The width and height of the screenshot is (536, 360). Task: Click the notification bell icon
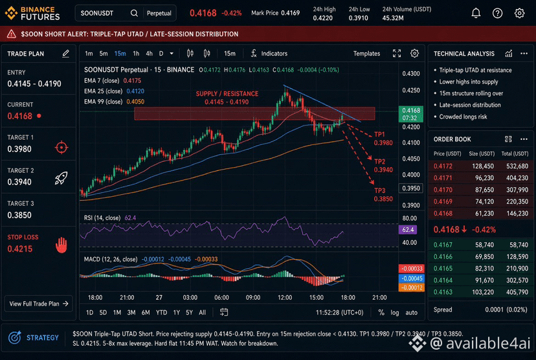coord(476,13)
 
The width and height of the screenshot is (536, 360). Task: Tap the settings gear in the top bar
coord(519,13)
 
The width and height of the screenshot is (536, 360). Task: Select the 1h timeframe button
coord(136,53)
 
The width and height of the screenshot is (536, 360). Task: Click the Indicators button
coord(269,53)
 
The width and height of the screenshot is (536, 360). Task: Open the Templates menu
coord(366,53)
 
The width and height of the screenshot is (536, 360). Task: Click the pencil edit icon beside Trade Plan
coord(65,53)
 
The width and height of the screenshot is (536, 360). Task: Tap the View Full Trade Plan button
coord(39,304)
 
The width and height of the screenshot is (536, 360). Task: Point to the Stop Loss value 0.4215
coord(20,249)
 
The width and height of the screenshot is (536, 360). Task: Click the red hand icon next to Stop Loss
coord(61,245)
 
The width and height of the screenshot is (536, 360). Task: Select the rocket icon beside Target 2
coord(61,178)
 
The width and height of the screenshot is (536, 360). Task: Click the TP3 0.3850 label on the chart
coord(383,194)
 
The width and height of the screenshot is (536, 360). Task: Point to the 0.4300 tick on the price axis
coord(411,74)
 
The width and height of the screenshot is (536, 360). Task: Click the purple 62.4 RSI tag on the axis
coord(408,229)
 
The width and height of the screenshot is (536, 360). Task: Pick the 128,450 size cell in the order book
coord(483,166)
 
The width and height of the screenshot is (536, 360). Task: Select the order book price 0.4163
coord(443,292)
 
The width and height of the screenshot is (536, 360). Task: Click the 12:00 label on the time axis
coord(285,297)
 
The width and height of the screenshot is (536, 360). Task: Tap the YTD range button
coord(161,313)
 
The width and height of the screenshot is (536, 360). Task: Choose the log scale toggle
coord(395,313)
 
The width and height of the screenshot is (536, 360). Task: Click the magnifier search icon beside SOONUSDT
coord(134,13)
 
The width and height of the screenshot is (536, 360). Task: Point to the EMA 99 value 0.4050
coord(135,102)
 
